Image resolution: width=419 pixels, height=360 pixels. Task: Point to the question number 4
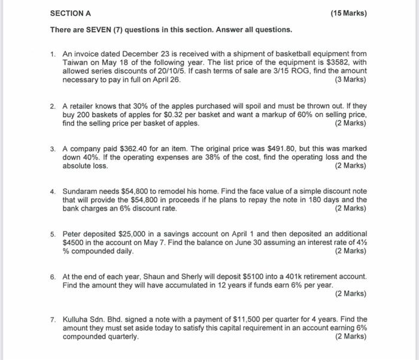click(53, 191)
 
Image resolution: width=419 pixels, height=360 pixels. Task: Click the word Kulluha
click(78, 319)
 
